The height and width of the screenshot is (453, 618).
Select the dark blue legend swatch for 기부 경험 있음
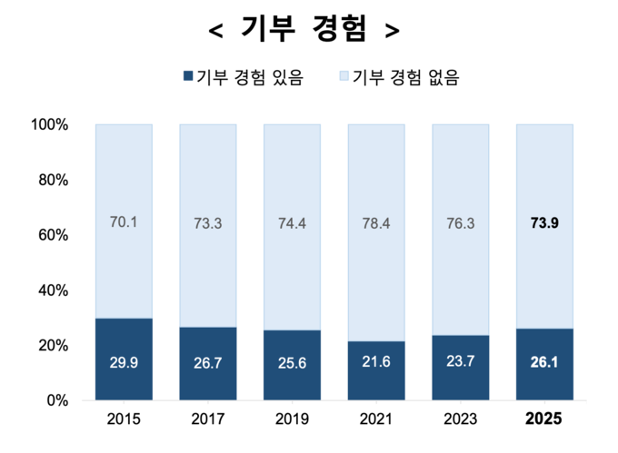[188, 77]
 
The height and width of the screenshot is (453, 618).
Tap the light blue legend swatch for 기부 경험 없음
[343, 77]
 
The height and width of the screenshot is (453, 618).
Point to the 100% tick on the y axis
[50, 124]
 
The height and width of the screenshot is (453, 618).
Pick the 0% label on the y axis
[56, 400]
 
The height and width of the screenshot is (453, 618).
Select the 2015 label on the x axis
[124, 420]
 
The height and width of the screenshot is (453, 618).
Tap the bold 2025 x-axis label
[544, 420]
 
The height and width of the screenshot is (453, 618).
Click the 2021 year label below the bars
[376, 420]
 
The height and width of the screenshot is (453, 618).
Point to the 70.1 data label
[124, 221]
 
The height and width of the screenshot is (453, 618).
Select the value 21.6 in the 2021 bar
[376, 363]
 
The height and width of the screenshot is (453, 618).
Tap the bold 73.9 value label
[544, 223]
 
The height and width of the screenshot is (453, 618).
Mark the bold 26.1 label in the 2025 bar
[544, 363]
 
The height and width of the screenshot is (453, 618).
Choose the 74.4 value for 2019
[292, 223]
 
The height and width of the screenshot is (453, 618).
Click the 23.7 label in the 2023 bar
[460, 362]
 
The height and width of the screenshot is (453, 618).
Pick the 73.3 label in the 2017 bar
[208, 223]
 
